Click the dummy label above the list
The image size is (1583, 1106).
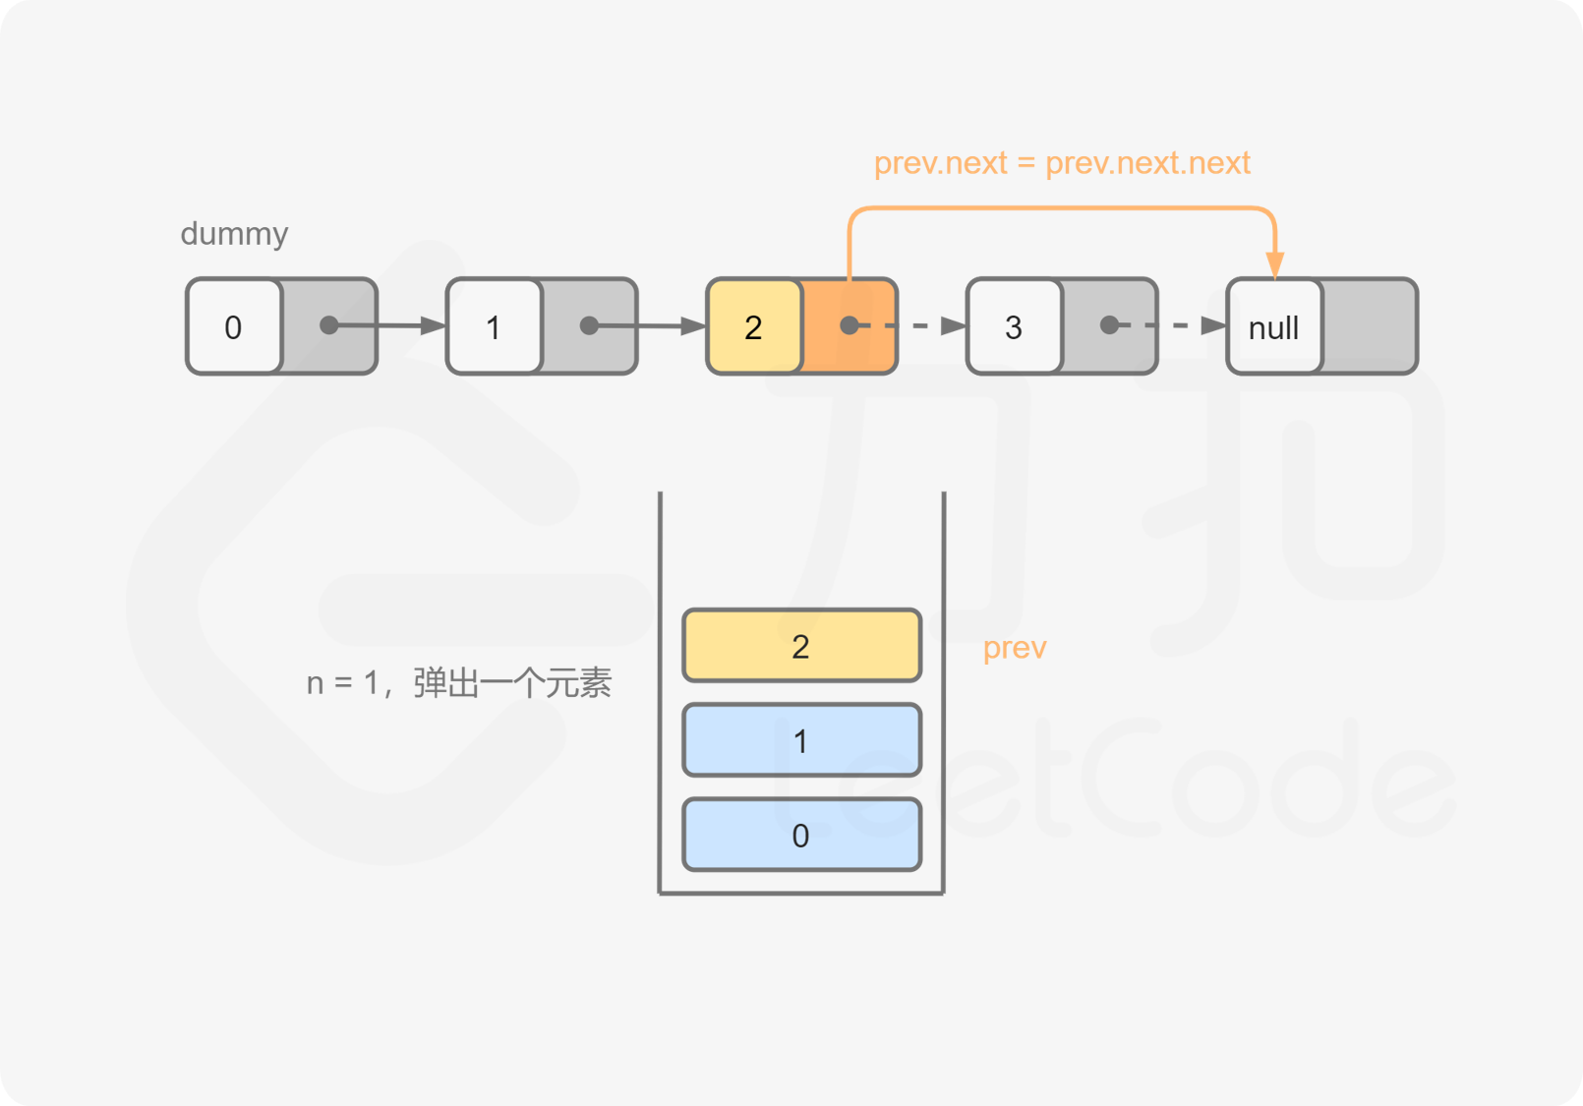pos(234,234)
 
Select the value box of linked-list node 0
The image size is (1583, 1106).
pos(234,325)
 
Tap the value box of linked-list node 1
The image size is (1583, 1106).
pos(494,325)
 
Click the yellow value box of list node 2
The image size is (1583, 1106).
pos(754,325)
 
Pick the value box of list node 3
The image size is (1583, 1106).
pos(1014,325)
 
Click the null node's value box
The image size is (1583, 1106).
pos(1274,325)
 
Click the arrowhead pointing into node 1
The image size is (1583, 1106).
pos(434,325)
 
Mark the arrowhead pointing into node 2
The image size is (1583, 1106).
pos(693,325)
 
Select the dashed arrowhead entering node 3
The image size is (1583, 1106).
pos(954,325)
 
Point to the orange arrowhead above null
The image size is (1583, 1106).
pos(1275,265)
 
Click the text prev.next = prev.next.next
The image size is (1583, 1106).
pos(1062,163)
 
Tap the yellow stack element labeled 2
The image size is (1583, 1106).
pos(802,645)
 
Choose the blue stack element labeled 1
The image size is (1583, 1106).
pos(802,740)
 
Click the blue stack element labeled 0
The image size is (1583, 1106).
pos(802,835)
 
